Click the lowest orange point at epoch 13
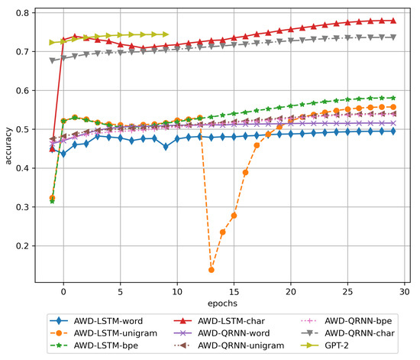211,270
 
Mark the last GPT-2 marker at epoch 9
166,34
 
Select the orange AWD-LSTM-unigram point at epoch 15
234,216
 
